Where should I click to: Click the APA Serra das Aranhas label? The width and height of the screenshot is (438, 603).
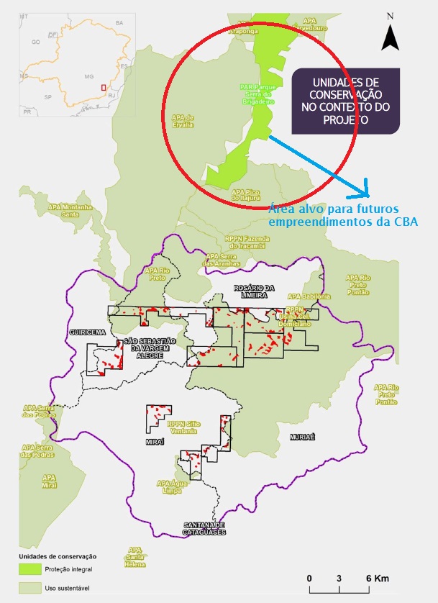click(221, 260)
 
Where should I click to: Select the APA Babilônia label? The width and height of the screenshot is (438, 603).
click(309, 296)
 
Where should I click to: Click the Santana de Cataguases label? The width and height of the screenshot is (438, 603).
click(204, 528)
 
